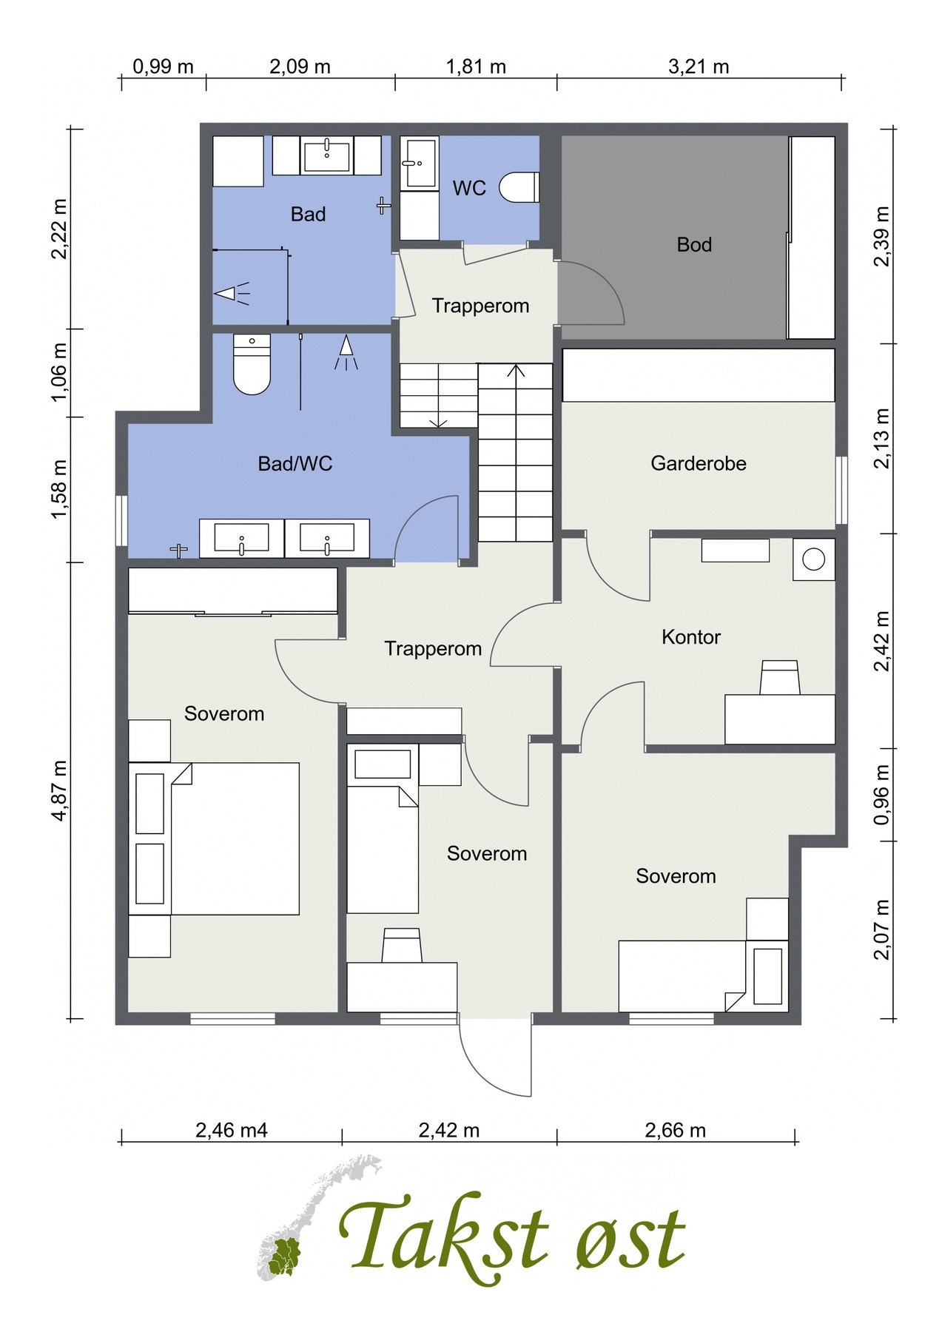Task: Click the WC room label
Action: (x=469, y=188)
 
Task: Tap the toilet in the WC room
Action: (x=519, y=187)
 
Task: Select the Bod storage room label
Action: (x=694, y=244)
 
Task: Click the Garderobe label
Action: (x=699, y=463)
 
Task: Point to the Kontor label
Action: (x=691, y=636)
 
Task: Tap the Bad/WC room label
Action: (x=295, y=463)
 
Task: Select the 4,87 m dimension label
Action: (x=60, y=790)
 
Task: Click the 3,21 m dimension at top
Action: (x=699, y=67)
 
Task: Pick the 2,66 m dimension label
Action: (x=676, y=1130)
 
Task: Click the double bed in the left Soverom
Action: (x=215, y=838)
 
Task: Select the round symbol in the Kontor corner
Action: (x=813, y=559)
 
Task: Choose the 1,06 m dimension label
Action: (x=60, y=372)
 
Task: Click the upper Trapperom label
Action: (x=480, y=306)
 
